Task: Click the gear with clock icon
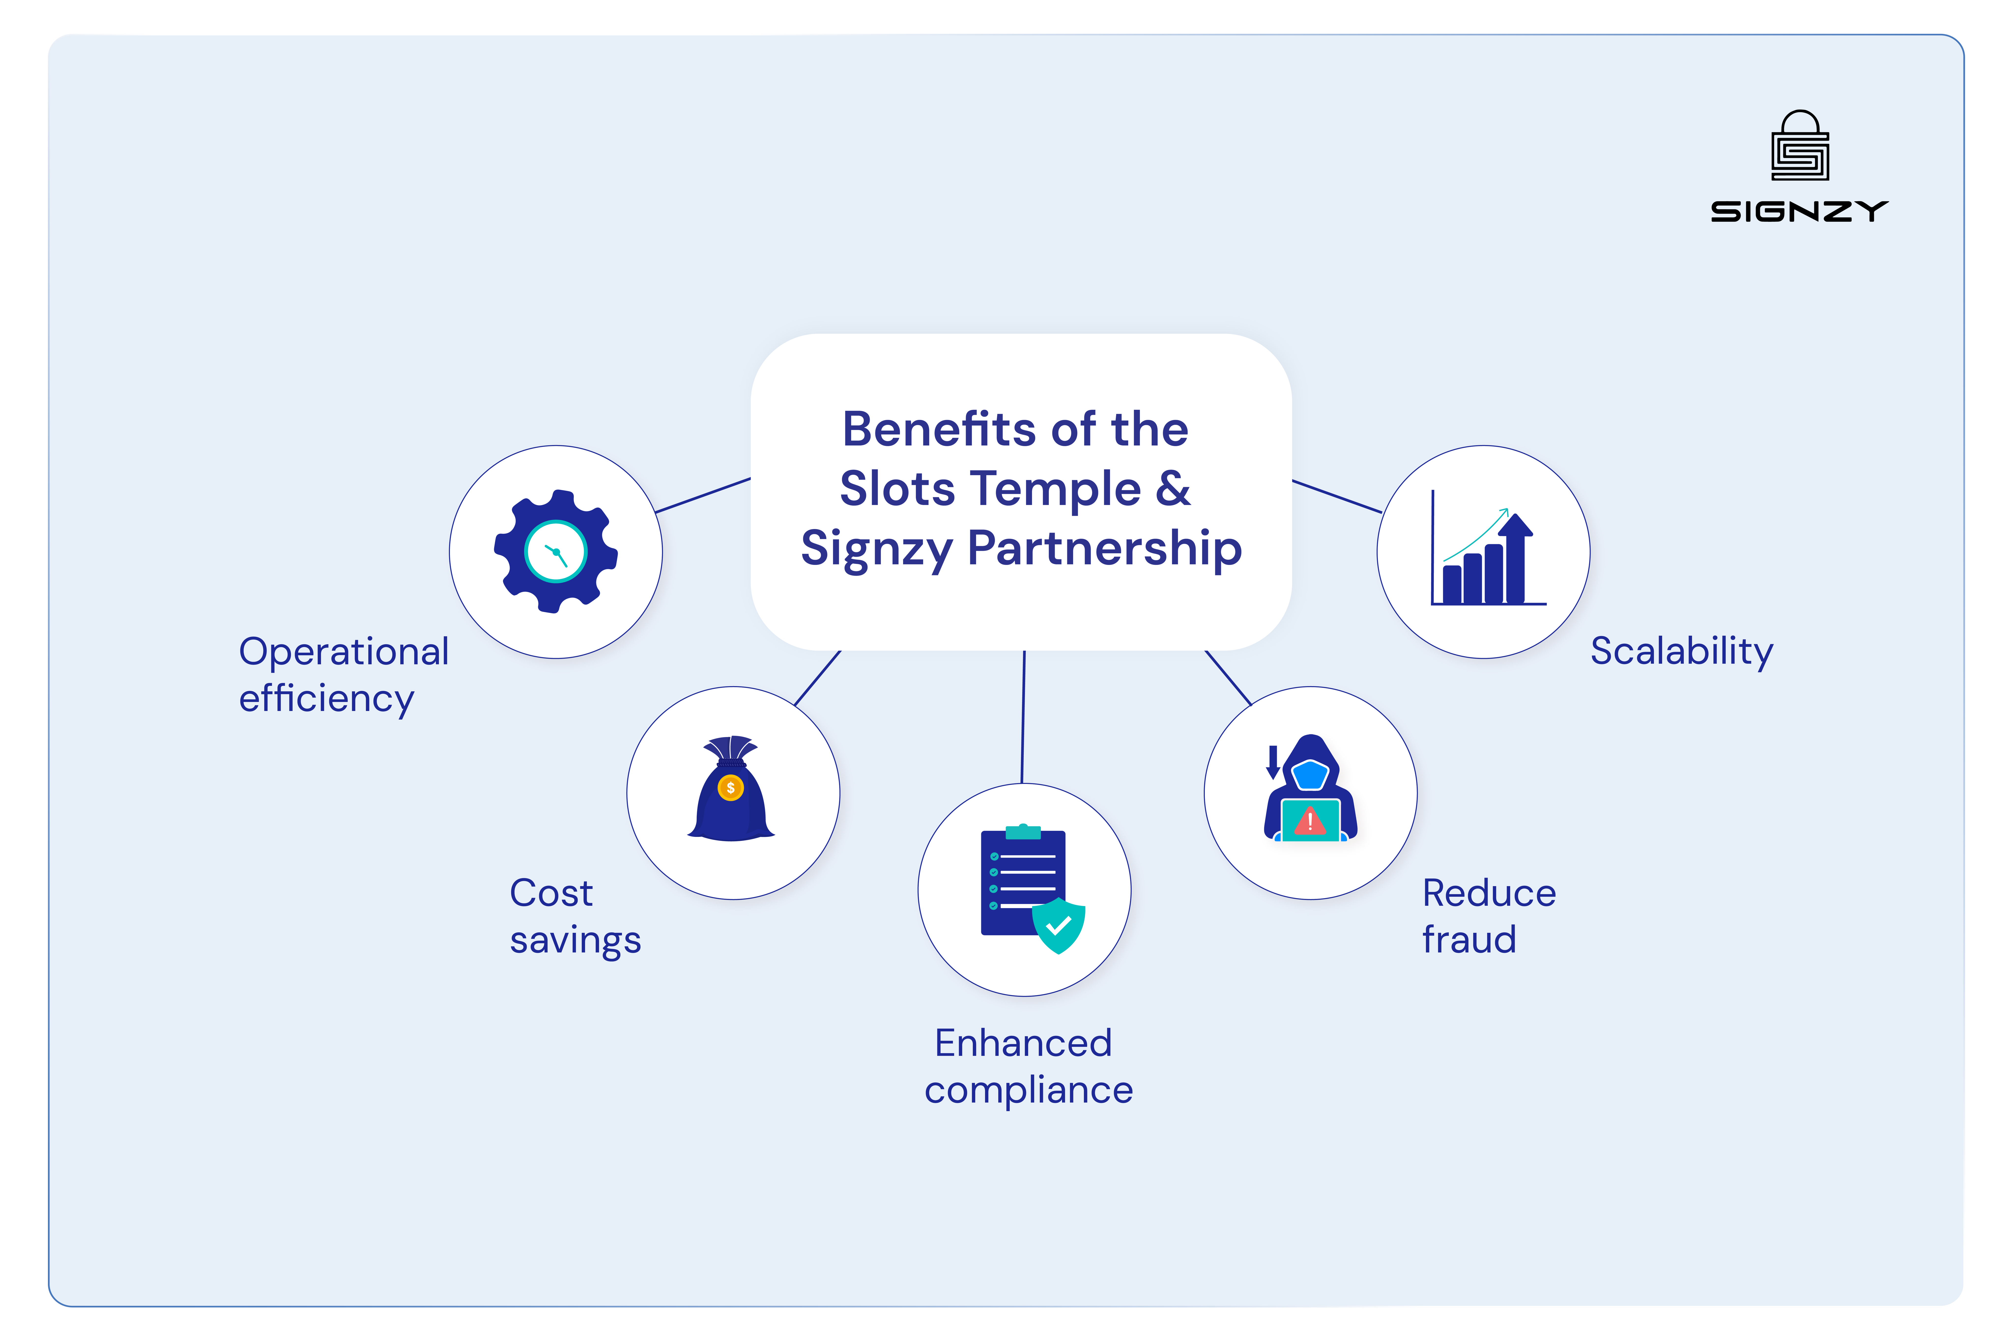tap(556, 551)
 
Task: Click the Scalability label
tap(1681, 651)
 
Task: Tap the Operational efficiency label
tap(343, 674)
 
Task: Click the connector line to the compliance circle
tap(1023, 717)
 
